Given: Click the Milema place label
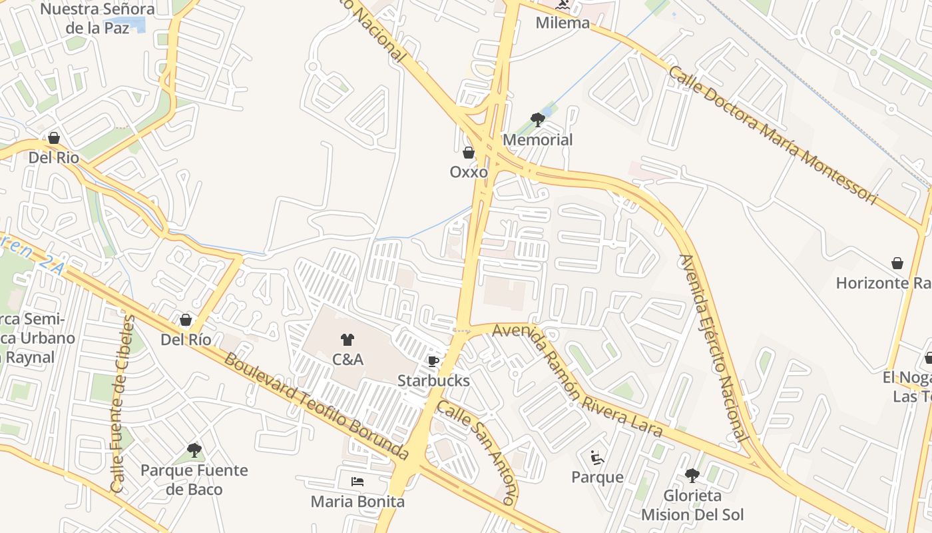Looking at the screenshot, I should pyautogui.click(x=563, y=23).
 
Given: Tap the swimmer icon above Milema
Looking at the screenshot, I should pyautogui.click(x=563, y=5).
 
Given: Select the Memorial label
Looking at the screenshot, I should pyautogui.click(x=537, y=140).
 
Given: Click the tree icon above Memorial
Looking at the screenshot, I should pyautogui.click(x=537, y=120).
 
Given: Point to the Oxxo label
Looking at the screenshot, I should pyautogui.click(x=469, y=172).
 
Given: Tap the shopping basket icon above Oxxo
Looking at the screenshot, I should pyautogui.click(x=469, y=153).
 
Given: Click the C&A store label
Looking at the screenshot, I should pyautogui.click(x=348, y=360).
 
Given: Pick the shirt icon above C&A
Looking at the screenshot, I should pyautogui.click(x=347, y=340).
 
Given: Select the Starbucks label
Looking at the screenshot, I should pyautogui.click(x=433, y=381).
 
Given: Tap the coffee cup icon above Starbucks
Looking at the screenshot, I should pyautogui.click(x=433, y=361).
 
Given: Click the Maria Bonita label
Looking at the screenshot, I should pyautogui.click(x=357, y=501).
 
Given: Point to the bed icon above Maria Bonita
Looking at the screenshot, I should pyautogui.click(x=357, y=481).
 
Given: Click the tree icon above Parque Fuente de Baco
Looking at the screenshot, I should pyautogui.click(x=194, y=450).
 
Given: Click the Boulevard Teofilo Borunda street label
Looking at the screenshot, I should pyautogui.click(x=316, y=407).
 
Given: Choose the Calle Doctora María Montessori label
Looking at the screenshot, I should pyautogui.click(x=773, y=135).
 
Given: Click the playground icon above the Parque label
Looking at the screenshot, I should pyautogui.click(x=597, y=458).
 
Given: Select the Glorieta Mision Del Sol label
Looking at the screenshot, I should pyautogui.click(x=692, y=505).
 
